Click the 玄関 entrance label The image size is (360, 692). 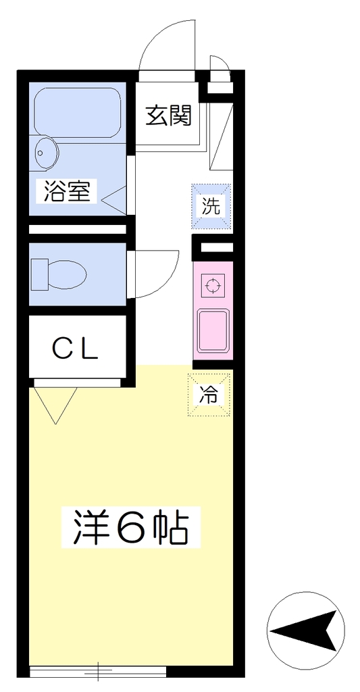pos(169,115)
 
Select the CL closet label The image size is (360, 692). pos(75,349)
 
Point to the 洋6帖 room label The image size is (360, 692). pos(130,527)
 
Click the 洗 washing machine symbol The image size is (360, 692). pos(211,207)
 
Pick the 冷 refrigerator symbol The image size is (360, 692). pos(209,395)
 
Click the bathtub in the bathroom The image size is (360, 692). pos(77,112)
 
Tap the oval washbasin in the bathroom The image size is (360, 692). pos(45,153)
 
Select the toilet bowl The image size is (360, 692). pos(67,274)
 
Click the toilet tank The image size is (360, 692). pos(40,274)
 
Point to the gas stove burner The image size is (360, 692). pos(213,286)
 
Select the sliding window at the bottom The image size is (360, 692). pos(98,672)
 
